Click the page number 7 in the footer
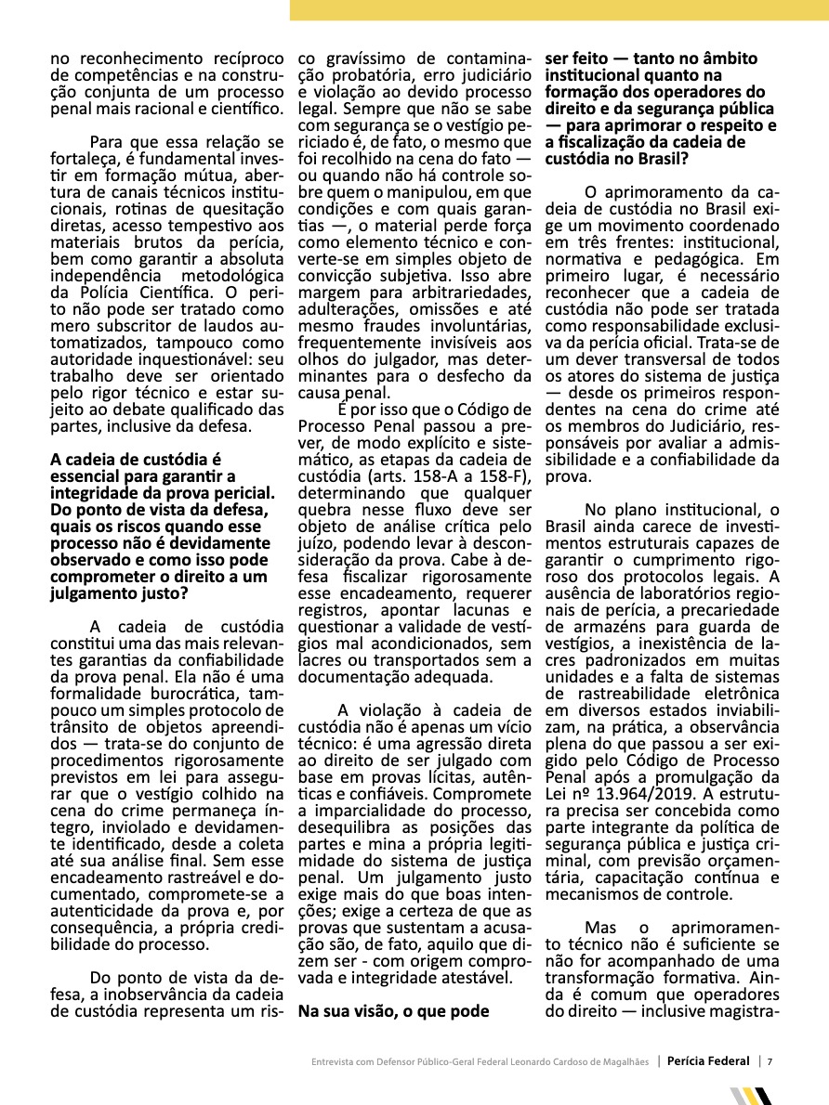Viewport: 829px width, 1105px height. [x=770, y=1061]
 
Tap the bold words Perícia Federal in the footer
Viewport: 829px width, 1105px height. [x=711, y=1061]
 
